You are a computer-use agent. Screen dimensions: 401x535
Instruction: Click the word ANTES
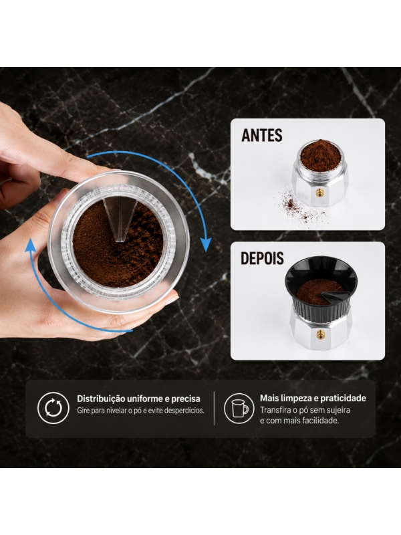point(262,135)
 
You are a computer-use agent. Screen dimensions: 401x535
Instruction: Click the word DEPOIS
point(262,258)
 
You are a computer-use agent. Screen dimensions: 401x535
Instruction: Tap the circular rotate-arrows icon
point(53,408)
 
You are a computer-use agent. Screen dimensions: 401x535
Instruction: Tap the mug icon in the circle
point(240,408)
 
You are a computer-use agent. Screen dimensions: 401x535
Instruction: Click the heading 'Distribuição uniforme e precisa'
point(138,399)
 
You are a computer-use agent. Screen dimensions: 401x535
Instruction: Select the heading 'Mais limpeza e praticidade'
point(313,398)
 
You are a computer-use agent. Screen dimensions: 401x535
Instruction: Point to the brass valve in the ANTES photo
point(319,193)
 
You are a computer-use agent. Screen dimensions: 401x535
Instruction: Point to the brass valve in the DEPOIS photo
point(320,334)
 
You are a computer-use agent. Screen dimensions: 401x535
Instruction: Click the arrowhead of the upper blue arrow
point(206,245)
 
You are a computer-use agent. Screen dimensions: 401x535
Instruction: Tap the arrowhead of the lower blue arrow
point(31,245)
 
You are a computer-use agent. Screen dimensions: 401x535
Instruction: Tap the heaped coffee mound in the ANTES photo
point(320,155)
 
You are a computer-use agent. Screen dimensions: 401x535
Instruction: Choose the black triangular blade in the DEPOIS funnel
point(332,297)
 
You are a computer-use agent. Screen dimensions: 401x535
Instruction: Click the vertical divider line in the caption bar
point(215,409)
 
